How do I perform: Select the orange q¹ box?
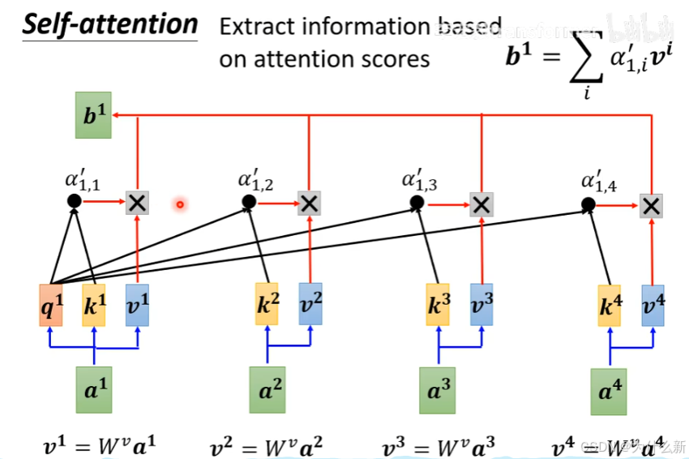pyautogui.click(x=50, y=304)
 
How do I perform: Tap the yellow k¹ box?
pyautogui.click(x=94, y=304)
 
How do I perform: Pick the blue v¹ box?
pyautogui.click(x=137, y=304)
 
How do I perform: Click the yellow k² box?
pyautogui.click(x=267, y=304)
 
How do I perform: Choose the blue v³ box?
pyautogui.click(x=481, y=304)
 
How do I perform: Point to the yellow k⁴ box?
pyautogui.click(x=610, y=306)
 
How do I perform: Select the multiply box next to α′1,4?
pyautogui.click(x=651, y=205)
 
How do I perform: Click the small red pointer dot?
pyautogui.click(x=180, y=204)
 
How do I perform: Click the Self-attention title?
pyautogui.click(x=109, y=24)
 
